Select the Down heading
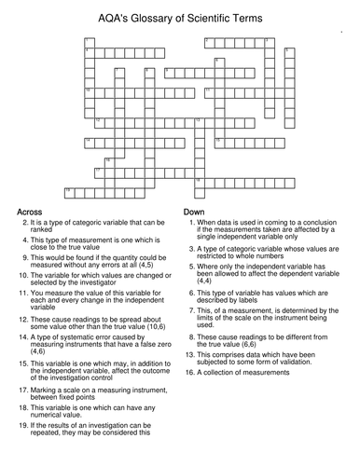195,213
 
